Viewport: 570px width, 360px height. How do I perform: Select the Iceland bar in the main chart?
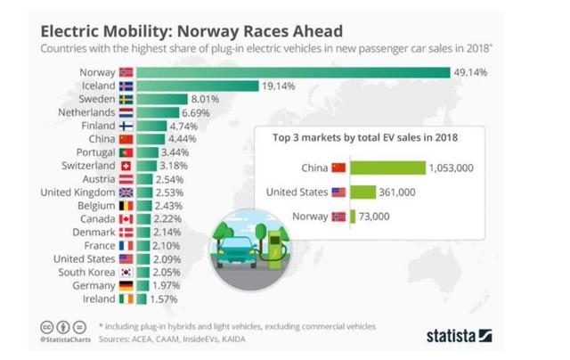pos(196,85)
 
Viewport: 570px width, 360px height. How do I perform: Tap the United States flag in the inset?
pos(338,192)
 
